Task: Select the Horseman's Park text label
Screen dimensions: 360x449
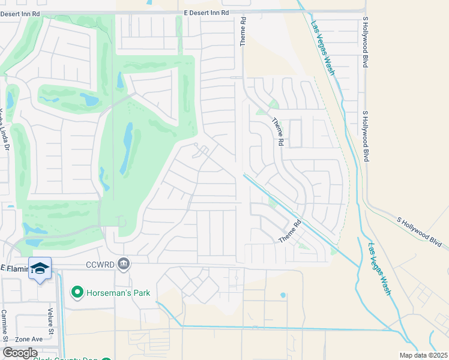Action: click(x=118, y=293)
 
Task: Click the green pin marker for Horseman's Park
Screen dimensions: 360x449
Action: click(x=77, y=293)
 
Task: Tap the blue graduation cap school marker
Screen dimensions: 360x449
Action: click(x=40, y=269)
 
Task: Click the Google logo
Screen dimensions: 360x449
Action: click(x=20, y=353)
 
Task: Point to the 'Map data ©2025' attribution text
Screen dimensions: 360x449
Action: click(x=423, y=355)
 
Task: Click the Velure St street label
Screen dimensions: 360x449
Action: click(x=51, y=322)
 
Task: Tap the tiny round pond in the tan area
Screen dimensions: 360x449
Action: click(x=283, y=295)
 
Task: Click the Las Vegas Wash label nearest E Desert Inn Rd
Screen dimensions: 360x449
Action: click(x=322, y=49)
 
